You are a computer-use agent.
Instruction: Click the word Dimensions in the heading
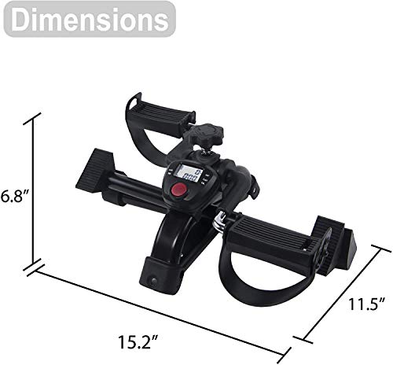tap(89, 19)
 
